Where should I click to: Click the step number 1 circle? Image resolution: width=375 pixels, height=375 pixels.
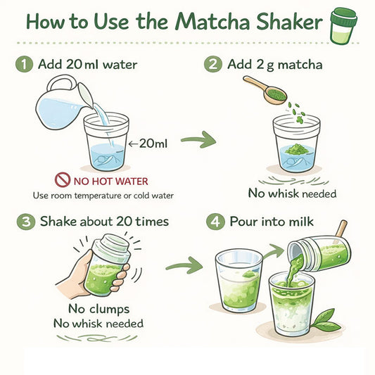point(24,65)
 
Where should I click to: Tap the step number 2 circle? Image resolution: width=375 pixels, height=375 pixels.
point(213,64)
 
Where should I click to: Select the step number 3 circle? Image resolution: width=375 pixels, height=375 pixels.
point(26,222)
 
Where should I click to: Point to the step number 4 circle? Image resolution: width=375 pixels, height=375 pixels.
point(215,222)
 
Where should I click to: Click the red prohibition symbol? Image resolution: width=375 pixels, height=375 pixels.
point(63,180)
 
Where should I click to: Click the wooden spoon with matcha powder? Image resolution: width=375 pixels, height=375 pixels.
point(265,90)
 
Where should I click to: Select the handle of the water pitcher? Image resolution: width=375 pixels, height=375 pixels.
point(61,82)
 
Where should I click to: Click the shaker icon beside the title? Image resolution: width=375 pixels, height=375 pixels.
point(343,26)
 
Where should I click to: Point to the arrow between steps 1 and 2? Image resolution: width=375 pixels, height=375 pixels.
point(198,139)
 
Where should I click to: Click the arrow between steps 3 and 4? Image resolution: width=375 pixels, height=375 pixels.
point(184,265)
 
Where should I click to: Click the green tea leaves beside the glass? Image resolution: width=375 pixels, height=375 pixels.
point(326,320)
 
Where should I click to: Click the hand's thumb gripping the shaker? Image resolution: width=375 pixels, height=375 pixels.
point(87,260)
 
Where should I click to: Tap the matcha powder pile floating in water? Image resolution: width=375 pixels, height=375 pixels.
point(296,149)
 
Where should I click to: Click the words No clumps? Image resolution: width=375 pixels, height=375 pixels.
point(99,309)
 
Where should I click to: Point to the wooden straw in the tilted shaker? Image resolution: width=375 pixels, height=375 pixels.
point(341,229)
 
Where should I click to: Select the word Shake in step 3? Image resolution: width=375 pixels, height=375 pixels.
point(58,221)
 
